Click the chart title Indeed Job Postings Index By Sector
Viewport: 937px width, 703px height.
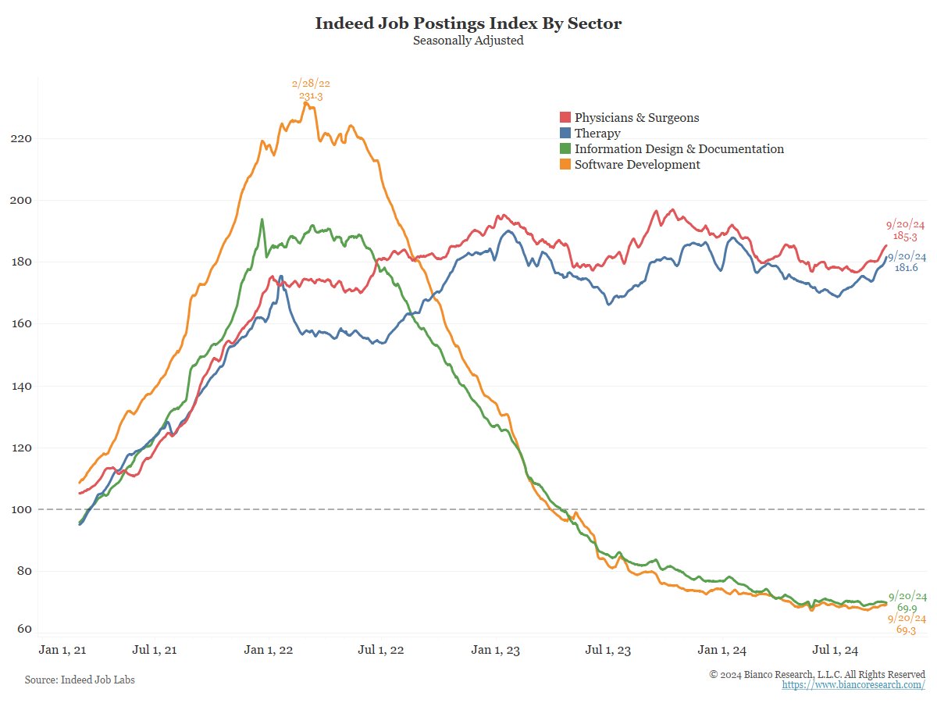(468, 23)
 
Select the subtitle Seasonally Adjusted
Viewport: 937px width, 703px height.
(468, 41)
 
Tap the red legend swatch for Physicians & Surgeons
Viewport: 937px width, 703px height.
(565, 118)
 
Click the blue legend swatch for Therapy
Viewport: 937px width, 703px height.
(565, 134)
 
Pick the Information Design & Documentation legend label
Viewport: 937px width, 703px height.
(679, 149)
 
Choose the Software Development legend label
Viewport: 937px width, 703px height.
(637, 165)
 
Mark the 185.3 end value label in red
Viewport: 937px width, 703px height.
(905, 235)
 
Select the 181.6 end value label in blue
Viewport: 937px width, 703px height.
(906, 268)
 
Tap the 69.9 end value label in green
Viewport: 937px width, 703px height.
(906, 608)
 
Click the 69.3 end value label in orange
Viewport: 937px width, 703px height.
(906, 630)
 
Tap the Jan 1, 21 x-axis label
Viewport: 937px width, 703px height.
(60, 650)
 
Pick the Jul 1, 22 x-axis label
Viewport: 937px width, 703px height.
(380, 650)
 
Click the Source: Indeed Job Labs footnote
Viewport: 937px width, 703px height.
(80, 680)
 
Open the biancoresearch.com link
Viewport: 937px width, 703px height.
(853, 685)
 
